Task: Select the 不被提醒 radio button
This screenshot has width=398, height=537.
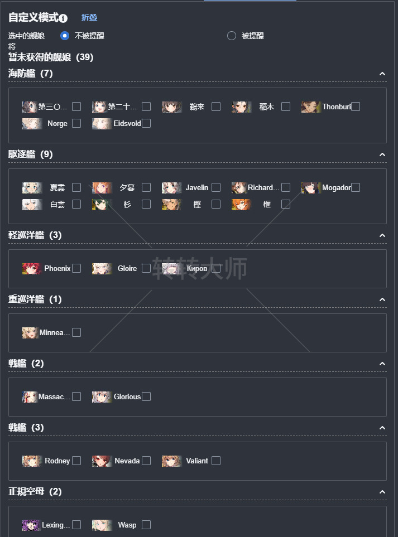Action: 65,36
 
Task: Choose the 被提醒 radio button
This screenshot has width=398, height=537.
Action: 232,36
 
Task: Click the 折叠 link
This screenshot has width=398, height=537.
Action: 89,18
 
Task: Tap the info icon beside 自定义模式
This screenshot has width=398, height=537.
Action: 63,18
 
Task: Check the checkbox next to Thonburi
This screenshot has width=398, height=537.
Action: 356,107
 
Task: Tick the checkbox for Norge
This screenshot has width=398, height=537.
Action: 76,123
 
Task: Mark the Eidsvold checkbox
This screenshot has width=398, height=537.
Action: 146,123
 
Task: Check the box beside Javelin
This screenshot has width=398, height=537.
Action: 216,187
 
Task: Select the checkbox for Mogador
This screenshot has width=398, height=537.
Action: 356,187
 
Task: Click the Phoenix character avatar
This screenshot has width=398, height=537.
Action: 32,268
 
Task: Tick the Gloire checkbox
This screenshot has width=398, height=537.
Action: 146,268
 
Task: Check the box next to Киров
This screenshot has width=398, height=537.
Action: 216,268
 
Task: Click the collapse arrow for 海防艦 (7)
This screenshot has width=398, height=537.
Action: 382,74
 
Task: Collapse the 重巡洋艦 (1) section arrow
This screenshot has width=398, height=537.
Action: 382,299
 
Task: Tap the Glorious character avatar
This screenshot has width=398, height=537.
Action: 102,396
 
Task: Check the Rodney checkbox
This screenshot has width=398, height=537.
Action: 76,461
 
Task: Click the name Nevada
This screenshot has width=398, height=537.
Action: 127,461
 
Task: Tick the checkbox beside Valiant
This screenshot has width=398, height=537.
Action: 216,461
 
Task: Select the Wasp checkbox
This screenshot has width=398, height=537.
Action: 146,525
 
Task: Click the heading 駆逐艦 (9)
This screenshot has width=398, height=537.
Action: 31,154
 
